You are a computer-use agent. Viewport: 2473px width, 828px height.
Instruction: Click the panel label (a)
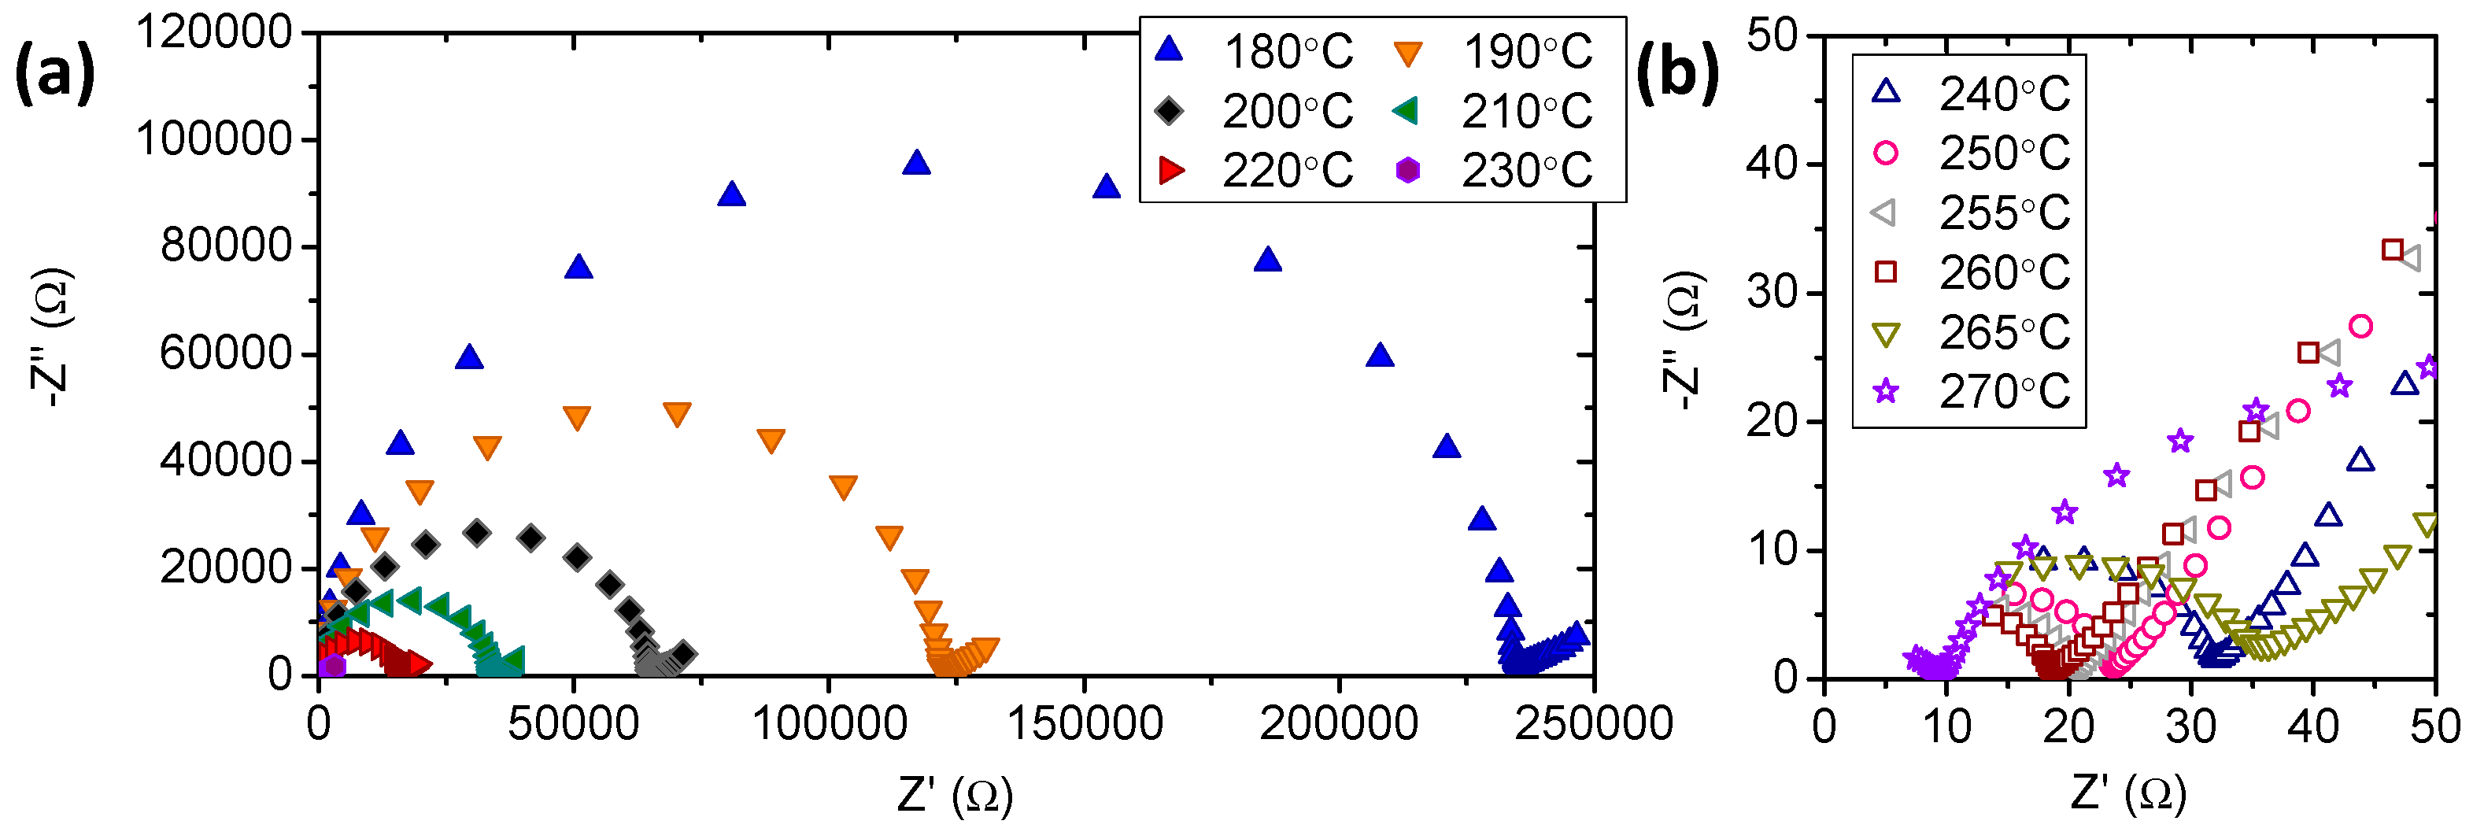(x=55, y=75)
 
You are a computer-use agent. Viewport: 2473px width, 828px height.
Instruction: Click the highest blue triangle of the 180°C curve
(x=917, y=163)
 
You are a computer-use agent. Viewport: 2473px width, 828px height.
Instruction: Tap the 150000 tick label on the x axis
(x=1084, y=723)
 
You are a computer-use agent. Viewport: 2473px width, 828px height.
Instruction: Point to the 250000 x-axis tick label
(x=1594, y=723)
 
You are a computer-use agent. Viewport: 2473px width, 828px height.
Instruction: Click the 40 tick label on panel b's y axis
(x=1771, y=164)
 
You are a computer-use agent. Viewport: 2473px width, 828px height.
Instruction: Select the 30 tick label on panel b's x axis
(x=2190, y=727)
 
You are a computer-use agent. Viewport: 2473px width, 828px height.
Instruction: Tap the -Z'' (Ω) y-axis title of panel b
(x=1683, y=341)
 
